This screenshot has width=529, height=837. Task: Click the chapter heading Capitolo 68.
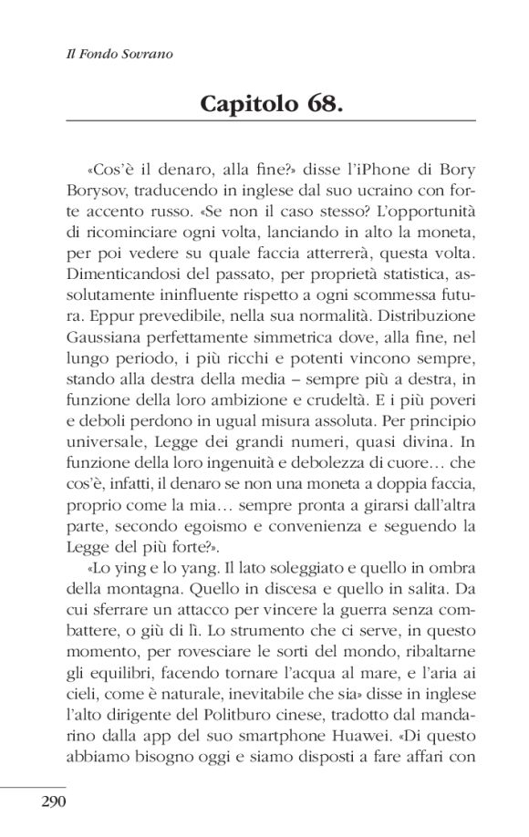click(271, 102)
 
